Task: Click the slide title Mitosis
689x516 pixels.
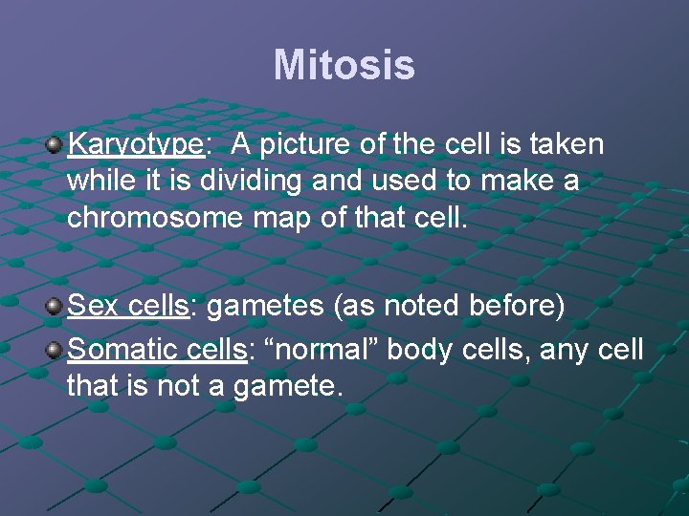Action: (x=344, y=66)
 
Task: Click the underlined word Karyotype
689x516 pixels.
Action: (x=136, y=144)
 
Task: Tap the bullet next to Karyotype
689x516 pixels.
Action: (x=54, y=144)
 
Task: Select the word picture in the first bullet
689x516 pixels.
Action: (x=305, y=144)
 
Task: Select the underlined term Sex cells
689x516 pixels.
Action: (x=128, y=307)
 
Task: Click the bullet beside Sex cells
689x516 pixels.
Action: (x=54, y=307)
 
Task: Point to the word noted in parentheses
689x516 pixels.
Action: (x=418, y=307)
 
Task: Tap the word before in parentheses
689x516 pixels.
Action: (x=517, y=307)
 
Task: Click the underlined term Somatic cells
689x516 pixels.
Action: (x=157, y=350)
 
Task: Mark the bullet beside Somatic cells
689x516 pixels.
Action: (x=54, y=350)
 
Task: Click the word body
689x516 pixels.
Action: (x=423, y=351)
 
